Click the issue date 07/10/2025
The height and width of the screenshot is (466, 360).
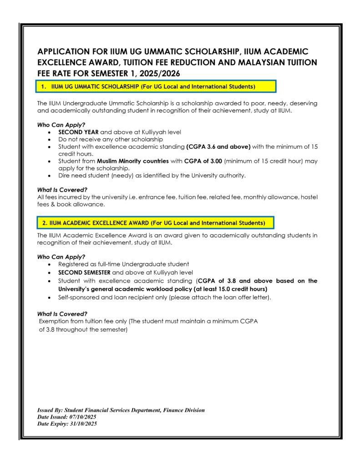click(81, 417)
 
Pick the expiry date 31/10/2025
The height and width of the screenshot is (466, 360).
click(82, 424)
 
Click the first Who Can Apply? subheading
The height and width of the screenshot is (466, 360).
click(61, 125)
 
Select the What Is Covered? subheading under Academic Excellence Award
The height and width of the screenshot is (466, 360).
click(62, 314)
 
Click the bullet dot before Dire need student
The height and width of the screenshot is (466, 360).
click(49, 176)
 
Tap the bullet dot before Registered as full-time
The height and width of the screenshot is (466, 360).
click(49, 264)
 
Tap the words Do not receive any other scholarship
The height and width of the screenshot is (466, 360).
click(111, 139)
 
